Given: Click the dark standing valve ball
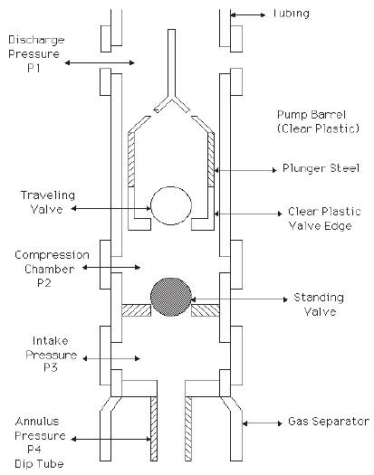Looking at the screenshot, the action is pos(171,297).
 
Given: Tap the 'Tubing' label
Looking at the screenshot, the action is pos(291,14).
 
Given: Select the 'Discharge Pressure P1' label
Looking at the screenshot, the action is pos(36,54).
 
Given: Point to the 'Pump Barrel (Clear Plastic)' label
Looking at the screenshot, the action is pos(318,122).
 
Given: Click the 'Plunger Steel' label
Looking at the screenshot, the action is pos(321,168).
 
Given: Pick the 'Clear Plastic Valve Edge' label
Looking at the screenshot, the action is pos(324,218).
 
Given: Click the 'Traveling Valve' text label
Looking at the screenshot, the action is pos(48,202).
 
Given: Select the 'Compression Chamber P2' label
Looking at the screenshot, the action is pos(52,269).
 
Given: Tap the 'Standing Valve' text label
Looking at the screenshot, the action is pos(319,304).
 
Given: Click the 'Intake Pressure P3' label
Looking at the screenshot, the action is pos(51,354).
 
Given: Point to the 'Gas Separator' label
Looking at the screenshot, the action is pos(329,422).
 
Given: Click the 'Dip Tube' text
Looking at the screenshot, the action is pos(39,464).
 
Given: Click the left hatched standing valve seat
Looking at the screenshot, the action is pos(136,310).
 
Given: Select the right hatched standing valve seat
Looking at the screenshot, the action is pos(206,310).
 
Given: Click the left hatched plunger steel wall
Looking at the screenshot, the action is pos(131,159).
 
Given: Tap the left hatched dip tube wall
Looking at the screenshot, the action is pos(154,429).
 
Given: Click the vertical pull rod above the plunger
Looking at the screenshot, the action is pos(172,63).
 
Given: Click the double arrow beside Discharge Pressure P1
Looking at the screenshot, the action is pos(100,62).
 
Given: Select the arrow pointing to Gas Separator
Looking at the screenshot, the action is pos(263,423).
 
